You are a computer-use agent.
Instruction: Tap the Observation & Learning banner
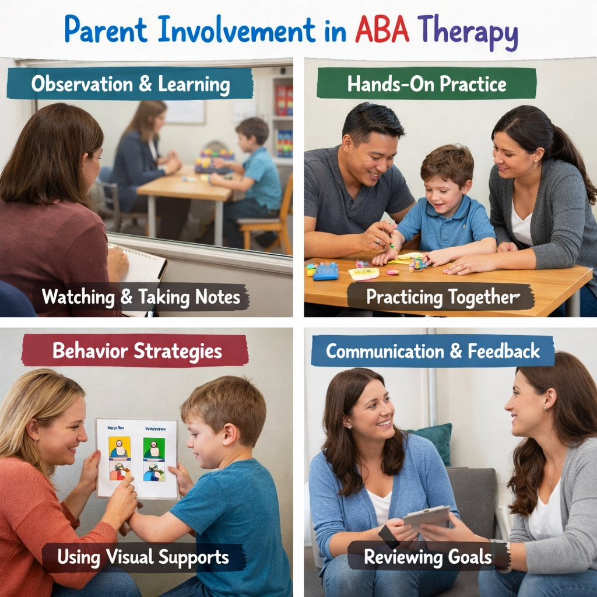tap(130, 85)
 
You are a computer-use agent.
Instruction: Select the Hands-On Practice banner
tap(426, 84)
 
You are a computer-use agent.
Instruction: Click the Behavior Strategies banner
tap(136, 351)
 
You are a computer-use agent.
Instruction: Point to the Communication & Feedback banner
tap(432, 351)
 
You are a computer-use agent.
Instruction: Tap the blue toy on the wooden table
tap(326, 271)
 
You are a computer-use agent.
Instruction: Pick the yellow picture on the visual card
tap(120, 448)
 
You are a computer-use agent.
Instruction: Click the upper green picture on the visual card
tap(154, 448)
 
